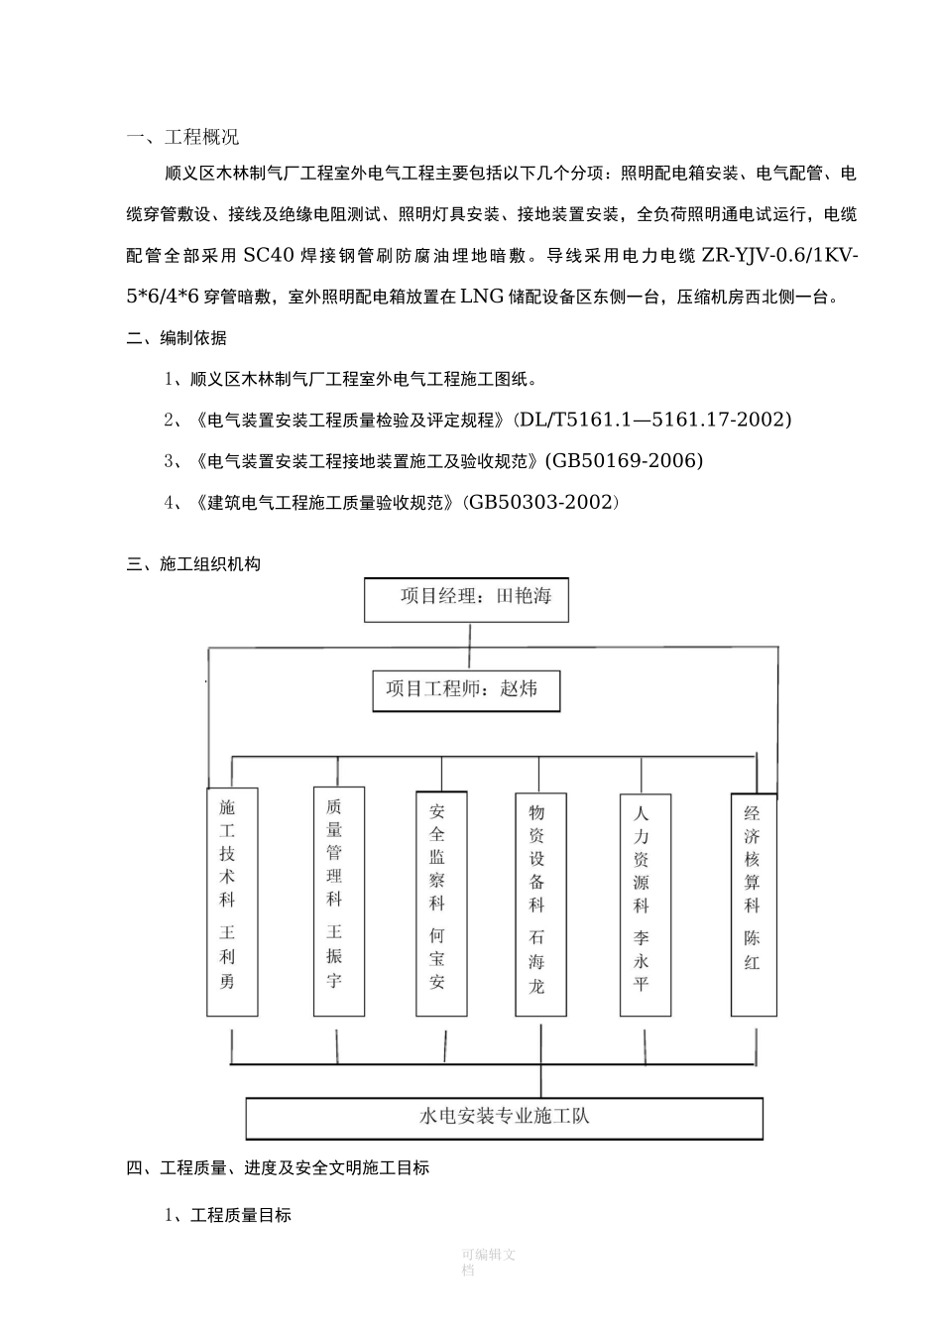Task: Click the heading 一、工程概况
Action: (x=183, y=137)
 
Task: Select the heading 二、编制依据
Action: (x=177, y=338)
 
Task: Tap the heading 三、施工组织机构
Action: (x=194, y=564)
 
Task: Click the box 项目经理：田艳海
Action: (x=467, y=599)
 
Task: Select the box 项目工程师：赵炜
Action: (x=465, y=690)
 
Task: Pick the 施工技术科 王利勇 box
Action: (x=232, y=901)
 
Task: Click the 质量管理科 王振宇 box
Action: (x=338, y=901)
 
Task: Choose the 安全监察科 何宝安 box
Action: (x=441, y=904)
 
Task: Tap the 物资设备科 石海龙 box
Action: (x=541, y=904)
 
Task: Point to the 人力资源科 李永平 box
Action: (x=646, y=904)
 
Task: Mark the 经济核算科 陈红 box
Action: (x=754, y=904)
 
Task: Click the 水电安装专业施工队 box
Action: (x=504, y=1118)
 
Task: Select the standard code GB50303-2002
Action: (x=542, y=503)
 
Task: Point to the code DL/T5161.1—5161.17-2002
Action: (x=652, y=420)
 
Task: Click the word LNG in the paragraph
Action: (x=482, y=296)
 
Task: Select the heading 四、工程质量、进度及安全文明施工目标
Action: (x=279, y=1168)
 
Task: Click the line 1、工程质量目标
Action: (x=228, y=1215)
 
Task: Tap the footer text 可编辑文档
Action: (x=488, y=1262)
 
